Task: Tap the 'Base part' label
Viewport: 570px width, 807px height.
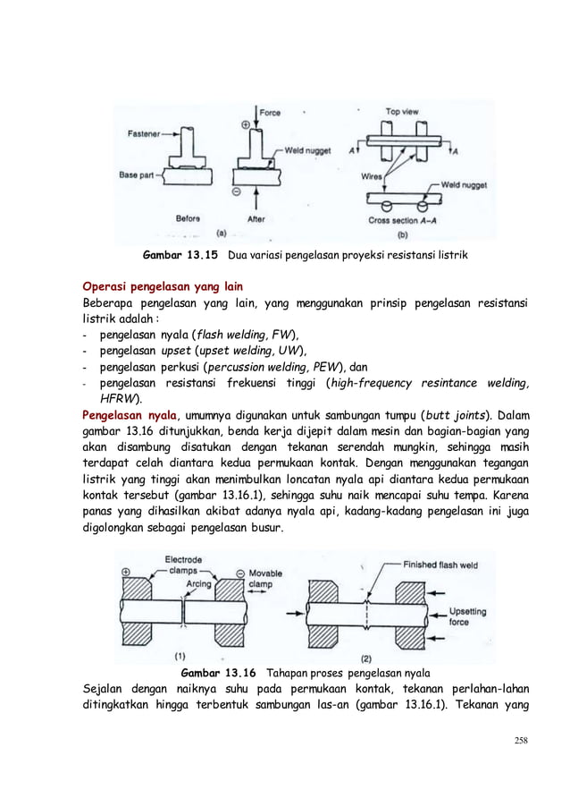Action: click(138, 175)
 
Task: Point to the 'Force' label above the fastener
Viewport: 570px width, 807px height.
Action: click(269, 113)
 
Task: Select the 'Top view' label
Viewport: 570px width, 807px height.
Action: click(404, 112)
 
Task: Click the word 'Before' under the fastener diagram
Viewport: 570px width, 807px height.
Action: click(188, 218)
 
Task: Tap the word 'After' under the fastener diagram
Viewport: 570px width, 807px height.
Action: click(255, 218)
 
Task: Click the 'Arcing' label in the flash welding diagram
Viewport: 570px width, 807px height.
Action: click(199, 584)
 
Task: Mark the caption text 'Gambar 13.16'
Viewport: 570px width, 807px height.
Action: click(219, 672)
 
